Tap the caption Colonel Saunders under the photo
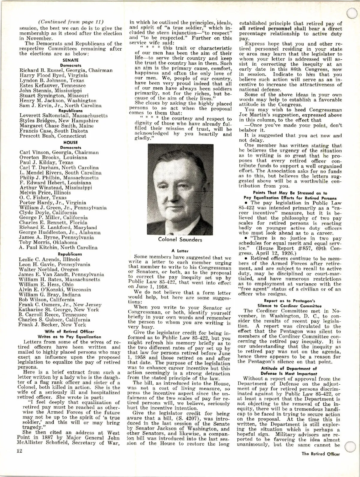(180, 240)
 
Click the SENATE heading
(70, 60)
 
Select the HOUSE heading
(70, 142)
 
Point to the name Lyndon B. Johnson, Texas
(52, 80)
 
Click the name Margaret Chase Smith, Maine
(56, 126)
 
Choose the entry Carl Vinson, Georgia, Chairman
(59, 152)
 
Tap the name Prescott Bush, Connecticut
(53, 136)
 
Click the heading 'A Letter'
(180, 251)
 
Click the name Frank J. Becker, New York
(52, 325)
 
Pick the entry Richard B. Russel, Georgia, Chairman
(66, 70)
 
